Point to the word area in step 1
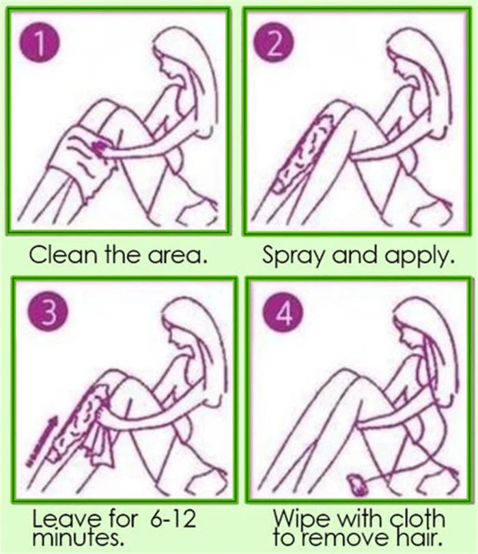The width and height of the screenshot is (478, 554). pyautogui.click(x=180, y=257)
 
